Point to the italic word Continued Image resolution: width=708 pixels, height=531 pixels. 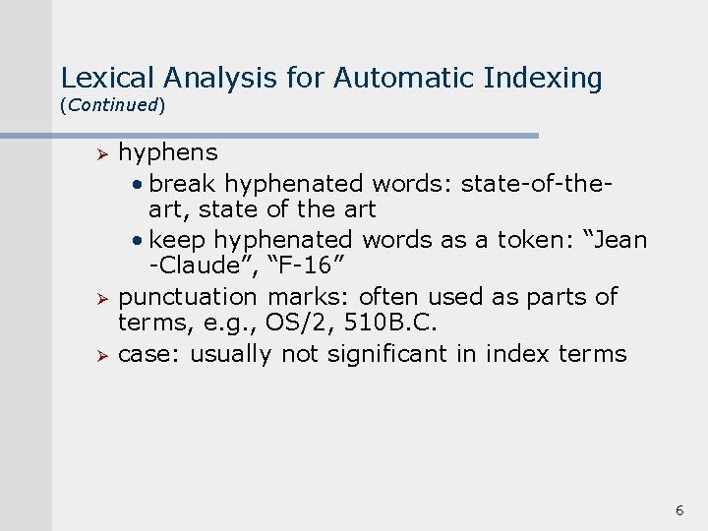[112, 104]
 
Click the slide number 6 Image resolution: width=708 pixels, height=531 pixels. [678, 510]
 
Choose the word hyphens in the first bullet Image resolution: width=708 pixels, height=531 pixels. [168, 153]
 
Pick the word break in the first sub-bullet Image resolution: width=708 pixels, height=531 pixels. [184, 183]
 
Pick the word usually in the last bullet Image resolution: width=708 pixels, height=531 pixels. [230, 354]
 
